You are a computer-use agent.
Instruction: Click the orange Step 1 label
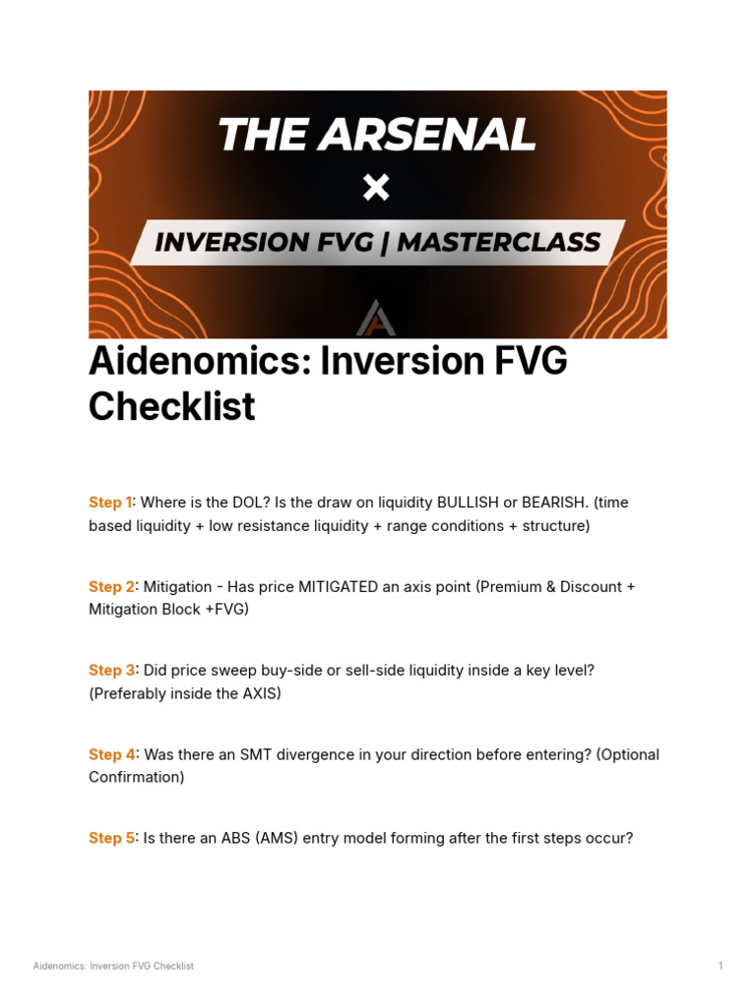point(109,503)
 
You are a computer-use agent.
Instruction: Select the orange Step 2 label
point(110,587)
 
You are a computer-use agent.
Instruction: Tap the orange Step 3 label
point(110,671)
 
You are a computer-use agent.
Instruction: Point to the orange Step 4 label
point(110,755)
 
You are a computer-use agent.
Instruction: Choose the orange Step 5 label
point(110,839)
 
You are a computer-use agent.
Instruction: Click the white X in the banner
point(376,187)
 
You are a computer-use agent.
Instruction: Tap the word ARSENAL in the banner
point(428,136)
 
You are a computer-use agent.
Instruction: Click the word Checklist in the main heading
point(172,406)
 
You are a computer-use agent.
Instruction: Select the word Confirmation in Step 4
point(135,778)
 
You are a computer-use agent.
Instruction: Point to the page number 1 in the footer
point(721,966)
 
